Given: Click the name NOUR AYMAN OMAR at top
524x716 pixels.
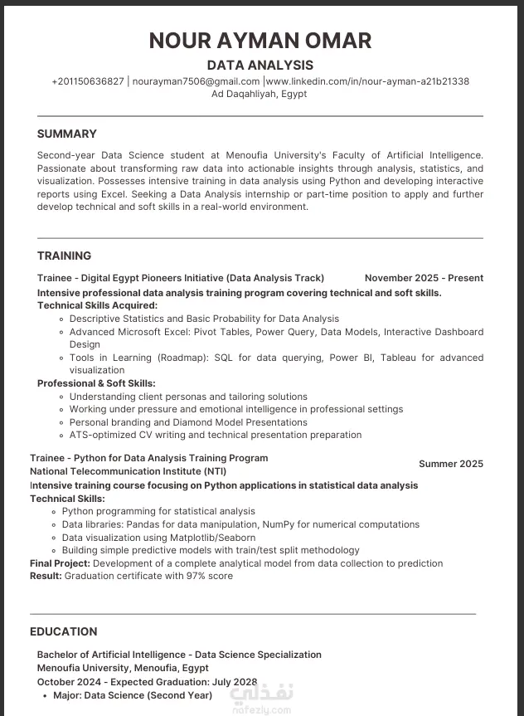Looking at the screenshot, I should click(x=260, y=40).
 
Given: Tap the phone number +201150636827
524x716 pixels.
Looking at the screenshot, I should click(x=88, y=81).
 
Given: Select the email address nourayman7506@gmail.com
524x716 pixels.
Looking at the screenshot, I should click(x=196, y=81).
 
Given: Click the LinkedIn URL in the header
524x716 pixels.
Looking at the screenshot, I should click(x=367, y=81).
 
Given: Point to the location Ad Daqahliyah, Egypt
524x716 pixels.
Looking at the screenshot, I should click(x=260, y=94).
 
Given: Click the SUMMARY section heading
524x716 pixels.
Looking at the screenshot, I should click(x=67, y=134).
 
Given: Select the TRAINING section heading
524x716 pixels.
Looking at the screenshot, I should click(x=65, y=256).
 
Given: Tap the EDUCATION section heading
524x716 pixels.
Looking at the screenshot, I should click(x=64, y=631).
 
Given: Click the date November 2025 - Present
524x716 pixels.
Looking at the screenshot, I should click(x=424, y=278).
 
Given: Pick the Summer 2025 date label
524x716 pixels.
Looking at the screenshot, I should click(x=450, y=464).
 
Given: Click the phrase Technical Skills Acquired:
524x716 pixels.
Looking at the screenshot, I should click(x=97, y=305).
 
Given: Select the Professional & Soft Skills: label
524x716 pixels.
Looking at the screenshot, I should click(x=96, y=383).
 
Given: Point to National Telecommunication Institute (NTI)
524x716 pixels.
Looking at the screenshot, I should click(x=128, y=471).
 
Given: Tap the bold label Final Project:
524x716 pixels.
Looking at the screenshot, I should click(x=60, y=563).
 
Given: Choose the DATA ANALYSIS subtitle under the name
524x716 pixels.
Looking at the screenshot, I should click(x=260, y=65).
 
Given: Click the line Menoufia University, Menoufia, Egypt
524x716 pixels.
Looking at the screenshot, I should click(x=123, y=667).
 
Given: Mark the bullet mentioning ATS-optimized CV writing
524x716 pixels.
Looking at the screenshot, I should click(x=215, y=435).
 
